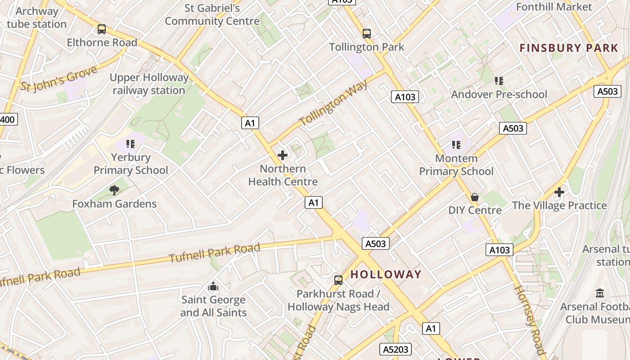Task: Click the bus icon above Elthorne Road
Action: click(x=102, y=29)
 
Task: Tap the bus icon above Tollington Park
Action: click(x=367, y=33)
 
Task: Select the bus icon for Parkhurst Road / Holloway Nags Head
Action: click(x=338, y=280)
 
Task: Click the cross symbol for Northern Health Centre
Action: click(x=283, y=156)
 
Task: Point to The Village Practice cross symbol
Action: click(x=559, y=192)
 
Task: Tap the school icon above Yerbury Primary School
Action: click(x=130, y=144)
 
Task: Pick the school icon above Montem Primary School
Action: click(x=456, y=145)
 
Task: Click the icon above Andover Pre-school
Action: click(x=499, y=81)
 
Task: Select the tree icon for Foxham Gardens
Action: click(x=115, y=190)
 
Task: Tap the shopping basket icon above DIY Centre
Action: click(x=475, y=197)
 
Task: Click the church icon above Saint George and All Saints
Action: click(x=213, y=286)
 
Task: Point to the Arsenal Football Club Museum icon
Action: click(x=600, y=293)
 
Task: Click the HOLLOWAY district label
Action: click(x=386, y=274)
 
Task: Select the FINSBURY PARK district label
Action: click(x=569, y=48)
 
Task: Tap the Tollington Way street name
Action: click(x=333, y=103)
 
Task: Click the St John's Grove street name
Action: click(x=58, y=79)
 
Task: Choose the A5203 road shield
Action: click(x=396, y=349)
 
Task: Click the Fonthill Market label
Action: click(x=553, y=7)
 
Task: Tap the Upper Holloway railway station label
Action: click(x=149, y=84)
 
